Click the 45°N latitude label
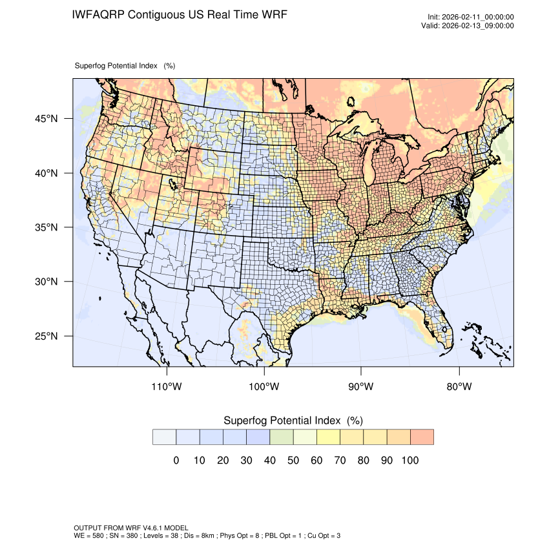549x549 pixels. (46, 119)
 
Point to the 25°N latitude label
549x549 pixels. (46, 337)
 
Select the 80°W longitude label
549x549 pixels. (459, 387)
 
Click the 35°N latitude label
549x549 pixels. (46, 228)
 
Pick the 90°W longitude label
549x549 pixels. (362, 387)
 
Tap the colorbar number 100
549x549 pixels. (410, 461)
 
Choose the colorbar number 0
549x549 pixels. (176, 461)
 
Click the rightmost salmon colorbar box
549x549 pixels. (422, 437)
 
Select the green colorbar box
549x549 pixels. (282, 437)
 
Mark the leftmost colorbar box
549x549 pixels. (164, 437)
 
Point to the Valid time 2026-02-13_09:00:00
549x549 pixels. (477, 26)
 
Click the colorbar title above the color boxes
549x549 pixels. (293, 420)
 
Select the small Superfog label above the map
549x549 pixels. (125, 66)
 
